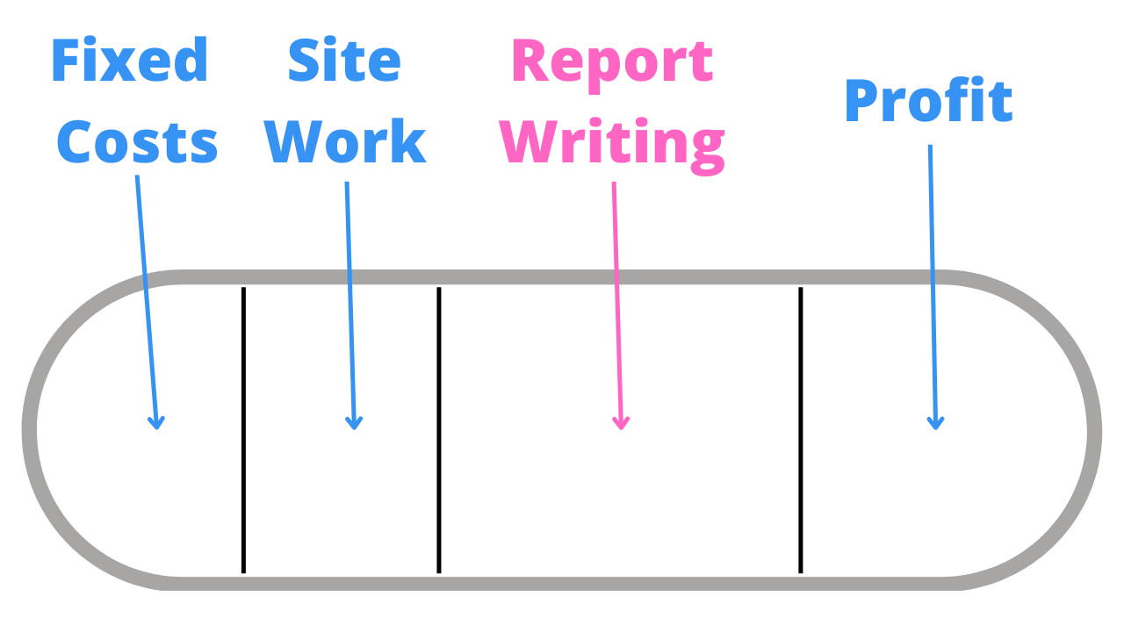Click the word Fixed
[x=130, y=61]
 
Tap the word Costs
[x=137, y=142]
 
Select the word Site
[x=344, y=61]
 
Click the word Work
[x=345, y=142]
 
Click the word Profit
[x=928, y=102]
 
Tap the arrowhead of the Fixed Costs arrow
[x=156, y=424]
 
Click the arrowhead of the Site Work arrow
[x=354, y=424]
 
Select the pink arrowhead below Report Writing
[x=621, y=424]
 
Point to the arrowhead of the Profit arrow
[x=935, y=424]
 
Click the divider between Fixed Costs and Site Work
[x=243, y=430]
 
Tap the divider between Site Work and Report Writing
[x=439, y=430]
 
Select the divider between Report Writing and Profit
[x=801, y=430]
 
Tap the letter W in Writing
[x=537, y=142]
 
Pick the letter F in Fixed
[x=67, y=61]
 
